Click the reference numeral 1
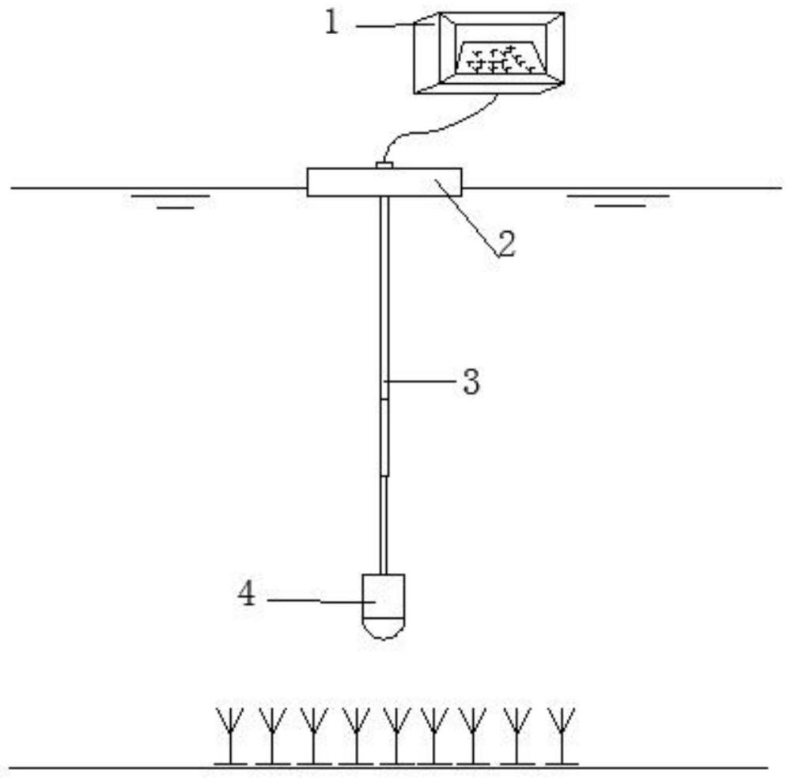(x=332, y=23)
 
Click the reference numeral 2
(x=505, y=244)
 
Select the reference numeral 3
(x=471, y=382)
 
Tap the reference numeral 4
(x=248, y=594)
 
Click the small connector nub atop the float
(x=384, y=165)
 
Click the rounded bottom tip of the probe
(x=384, y=628)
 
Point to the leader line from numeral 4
(x=316, y=601)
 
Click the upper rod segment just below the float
(x=384, y=285)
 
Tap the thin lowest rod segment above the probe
(x=384, y=522)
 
